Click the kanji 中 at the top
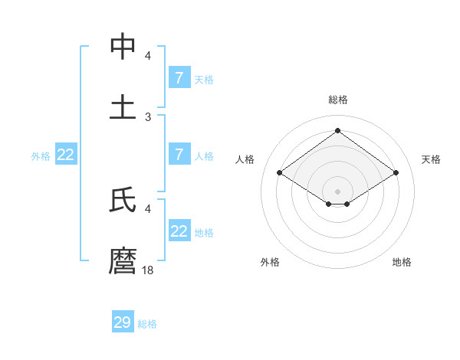point(123,47)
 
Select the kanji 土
point(123,106)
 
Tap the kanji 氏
point(123,200)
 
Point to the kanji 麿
point(123,260)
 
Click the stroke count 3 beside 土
point(148,116)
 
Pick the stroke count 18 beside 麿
point(149,270)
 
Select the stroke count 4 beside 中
point(148,56)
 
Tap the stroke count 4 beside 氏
point(148,208)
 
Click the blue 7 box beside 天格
point(179,78)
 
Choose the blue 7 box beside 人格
point(179,155)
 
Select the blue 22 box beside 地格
point(179,231)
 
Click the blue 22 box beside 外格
point(66,155)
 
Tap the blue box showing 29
point(123,322)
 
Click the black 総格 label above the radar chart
point(338,100)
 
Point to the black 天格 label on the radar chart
point(431,159)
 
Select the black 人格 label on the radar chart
point(245,159)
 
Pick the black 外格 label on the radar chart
point(270,262)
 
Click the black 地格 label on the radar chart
point(402,262)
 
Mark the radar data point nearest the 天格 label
point(396,173)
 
